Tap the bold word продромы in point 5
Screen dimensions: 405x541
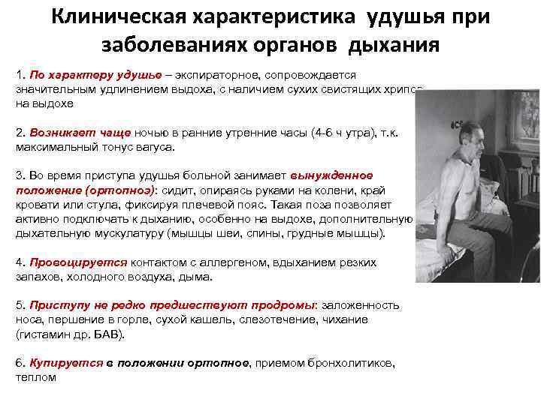[278, 305]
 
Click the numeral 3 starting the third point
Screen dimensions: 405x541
[19, 175]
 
